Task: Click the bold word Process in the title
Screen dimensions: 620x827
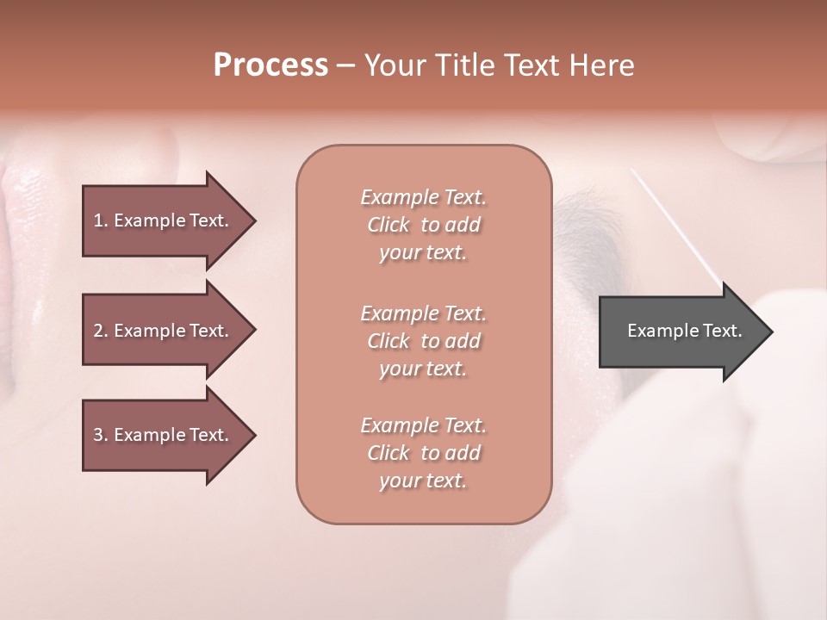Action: click(x=270, y=65)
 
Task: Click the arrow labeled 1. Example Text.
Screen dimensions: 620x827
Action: click(x=164, y=220)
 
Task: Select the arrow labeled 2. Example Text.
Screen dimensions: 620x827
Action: click(x=164, y=331)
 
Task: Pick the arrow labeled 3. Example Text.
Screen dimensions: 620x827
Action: click(x=164, y=435)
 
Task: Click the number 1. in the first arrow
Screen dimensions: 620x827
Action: click(x=100, y=220)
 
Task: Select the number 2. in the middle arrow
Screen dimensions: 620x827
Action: click(x=100, y=331)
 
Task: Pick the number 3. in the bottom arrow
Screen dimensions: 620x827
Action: click(x=100, y=435)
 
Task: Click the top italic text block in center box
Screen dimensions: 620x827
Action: click(x=423, y=225)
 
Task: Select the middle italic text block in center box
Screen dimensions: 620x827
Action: click(x=423, y=341)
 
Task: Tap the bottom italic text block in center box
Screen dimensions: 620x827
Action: click(x=423, y=453)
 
